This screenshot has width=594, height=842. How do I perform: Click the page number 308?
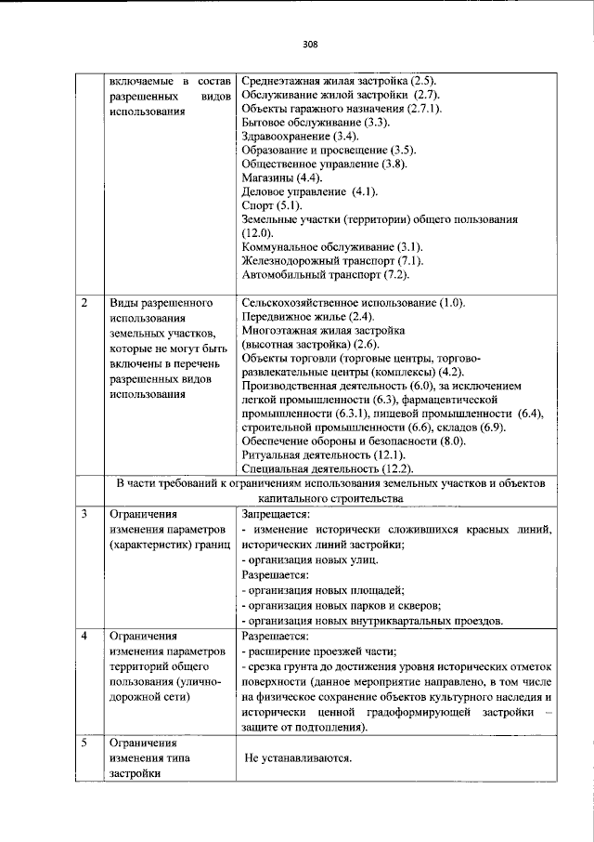[310, 44]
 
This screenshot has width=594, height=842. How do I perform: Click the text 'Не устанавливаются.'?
[299, 758]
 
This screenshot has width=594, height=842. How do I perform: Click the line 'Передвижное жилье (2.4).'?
[307, 317]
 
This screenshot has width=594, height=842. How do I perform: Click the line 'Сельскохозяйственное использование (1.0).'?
[353, 304]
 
